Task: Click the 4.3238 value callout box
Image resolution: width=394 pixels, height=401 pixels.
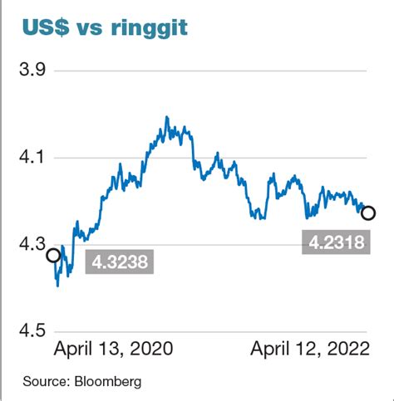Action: pos(121,264)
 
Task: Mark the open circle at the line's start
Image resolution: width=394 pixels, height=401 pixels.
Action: pos(52,256)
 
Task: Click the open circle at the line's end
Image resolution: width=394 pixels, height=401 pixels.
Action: pos(367,213)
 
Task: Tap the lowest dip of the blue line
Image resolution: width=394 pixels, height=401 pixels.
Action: pos(57,286)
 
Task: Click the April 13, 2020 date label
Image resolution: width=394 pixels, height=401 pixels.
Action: pos(113,350)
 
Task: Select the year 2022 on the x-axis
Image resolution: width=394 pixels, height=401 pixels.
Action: pos(348,350)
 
